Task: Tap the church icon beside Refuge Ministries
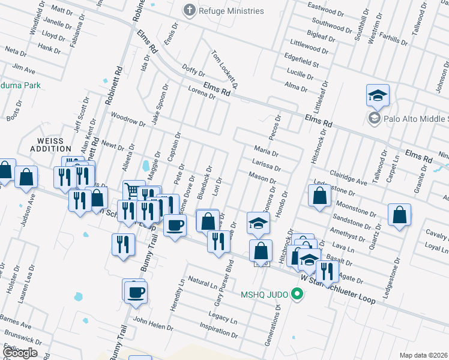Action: pyautogui.click(x=190, y=10)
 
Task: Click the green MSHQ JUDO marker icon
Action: pyautogui.click(x=296, y=294)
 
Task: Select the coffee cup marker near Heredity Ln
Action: pyautogui.click(x=175, y=226)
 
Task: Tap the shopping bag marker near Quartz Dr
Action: pyautogui.click(x=399, y=215)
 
